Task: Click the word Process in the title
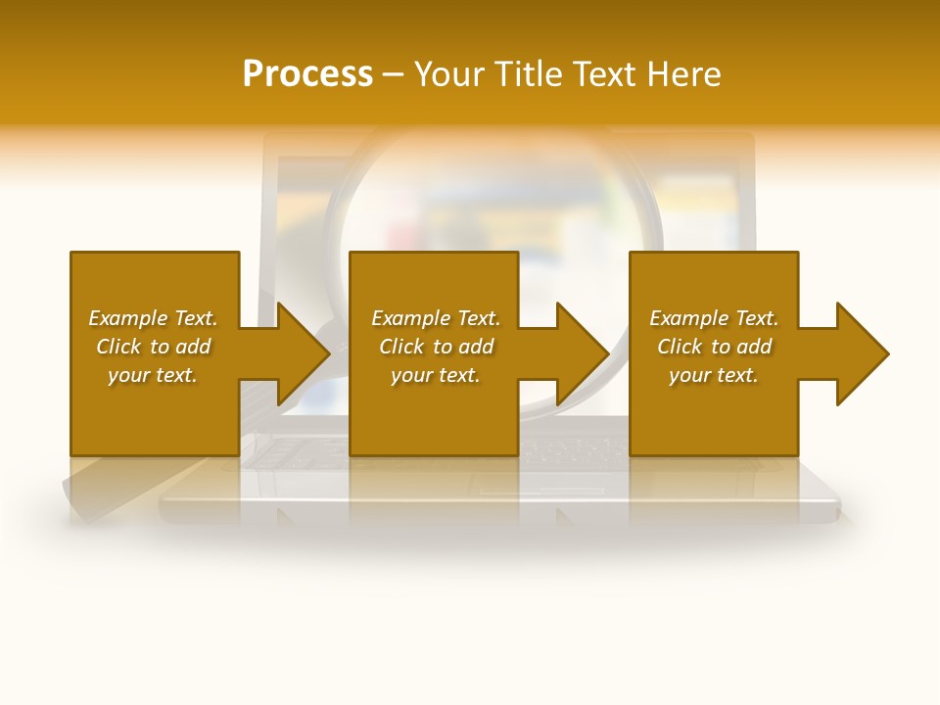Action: [307, 74]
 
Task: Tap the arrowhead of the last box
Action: [861, 353]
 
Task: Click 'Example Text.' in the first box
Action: [153, 318]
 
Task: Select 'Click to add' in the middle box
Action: [436, 347]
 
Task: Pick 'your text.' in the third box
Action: [713, 375]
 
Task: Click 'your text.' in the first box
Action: [153, 375]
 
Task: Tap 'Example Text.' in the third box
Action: [714, 318]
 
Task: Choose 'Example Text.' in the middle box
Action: [436, 318]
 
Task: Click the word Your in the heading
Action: [448, 74]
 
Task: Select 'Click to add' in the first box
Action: [153, 347]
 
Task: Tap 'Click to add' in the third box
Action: [714, 347]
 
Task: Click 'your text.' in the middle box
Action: [436, 375]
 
